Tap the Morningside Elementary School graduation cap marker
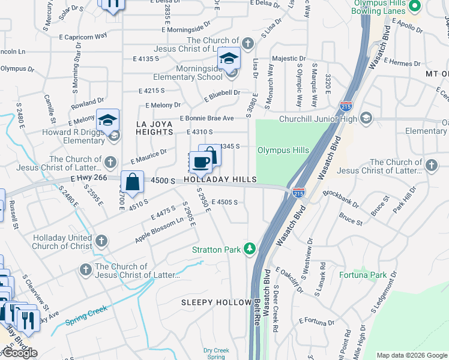click(229, 59)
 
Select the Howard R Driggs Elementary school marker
click(107, 121)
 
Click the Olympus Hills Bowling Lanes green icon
click(414, 7)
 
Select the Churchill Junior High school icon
click(366, 118)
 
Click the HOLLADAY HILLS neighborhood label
click(220, 180)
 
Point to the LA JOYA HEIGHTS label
click(154, 128)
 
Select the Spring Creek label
click(86, 316)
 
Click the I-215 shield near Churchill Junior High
click(345, 106)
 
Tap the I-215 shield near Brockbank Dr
click(298, 193)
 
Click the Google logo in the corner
click(19, 353)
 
